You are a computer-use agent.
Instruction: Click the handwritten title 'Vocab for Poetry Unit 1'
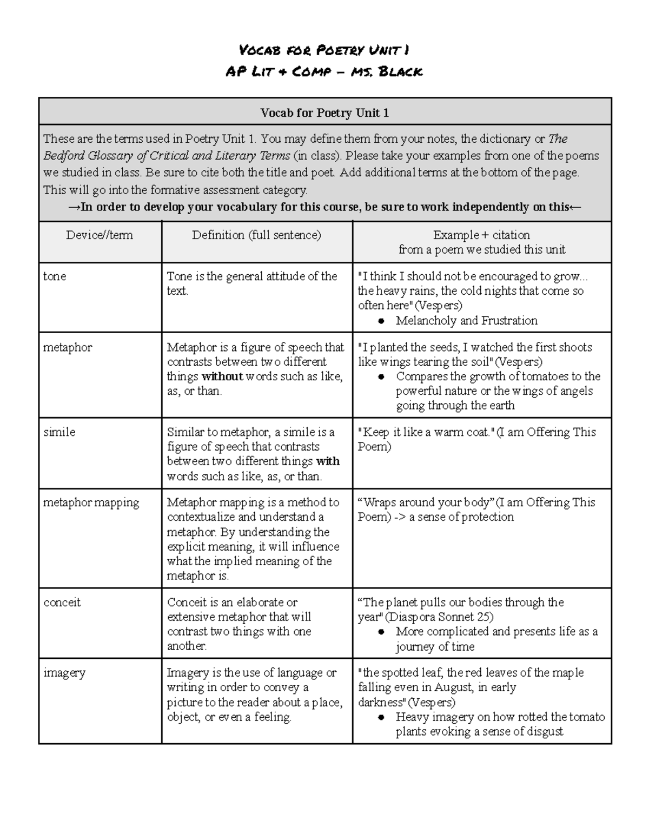324,51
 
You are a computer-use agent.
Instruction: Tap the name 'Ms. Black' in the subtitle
387,71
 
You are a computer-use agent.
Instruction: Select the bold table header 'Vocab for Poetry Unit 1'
325,113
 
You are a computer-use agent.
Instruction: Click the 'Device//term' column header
100,235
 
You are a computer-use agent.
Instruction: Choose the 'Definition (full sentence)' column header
256,235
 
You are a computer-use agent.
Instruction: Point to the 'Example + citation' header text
481,235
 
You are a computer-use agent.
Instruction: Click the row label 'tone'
55,276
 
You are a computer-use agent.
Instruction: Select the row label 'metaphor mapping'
91,502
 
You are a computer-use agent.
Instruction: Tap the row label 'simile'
59,432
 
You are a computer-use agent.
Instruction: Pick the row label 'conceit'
62,603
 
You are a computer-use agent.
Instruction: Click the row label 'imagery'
64,673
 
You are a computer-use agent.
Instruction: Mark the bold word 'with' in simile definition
328,461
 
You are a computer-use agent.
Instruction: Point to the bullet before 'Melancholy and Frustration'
381,321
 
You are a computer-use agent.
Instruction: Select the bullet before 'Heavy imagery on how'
381,717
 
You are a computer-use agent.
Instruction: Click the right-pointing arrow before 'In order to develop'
74,207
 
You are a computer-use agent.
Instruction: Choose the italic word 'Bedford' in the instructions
61,156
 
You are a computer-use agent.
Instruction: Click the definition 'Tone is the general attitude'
252,276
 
